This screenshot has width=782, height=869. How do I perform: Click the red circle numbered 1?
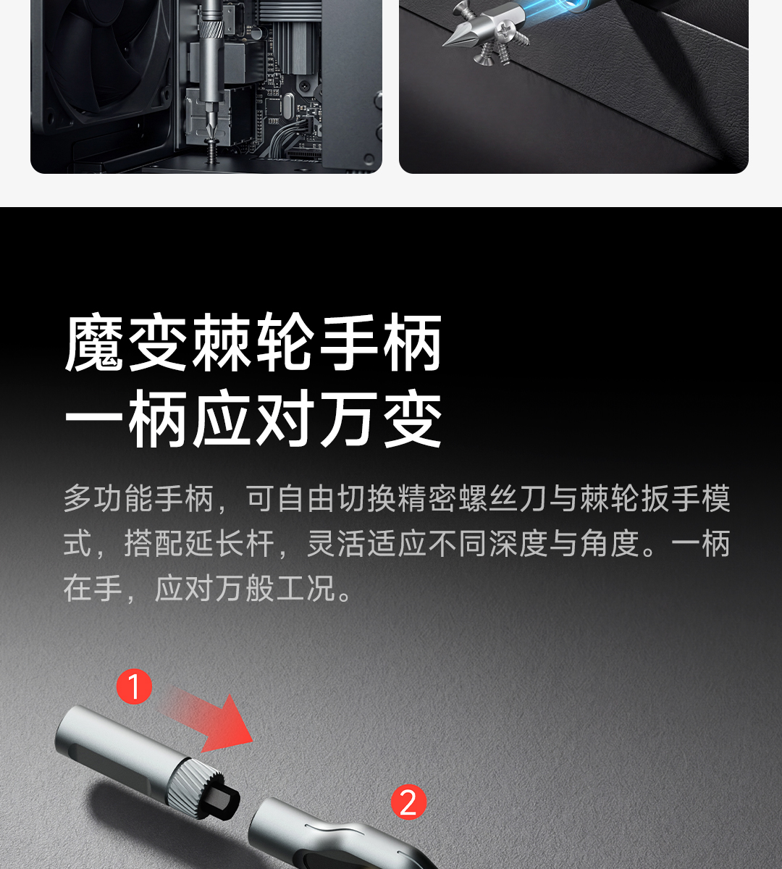click(134, 687)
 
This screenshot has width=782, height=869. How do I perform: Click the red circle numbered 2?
click(408, 802)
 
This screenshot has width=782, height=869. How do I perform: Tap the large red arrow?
click(212, 722)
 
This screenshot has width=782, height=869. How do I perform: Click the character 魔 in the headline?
click(94, 343)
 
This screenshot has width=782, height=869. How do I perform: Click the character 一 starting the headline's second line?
click(94, 419)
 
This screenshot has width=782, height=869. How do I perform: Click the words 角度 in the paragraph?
click(610, 544)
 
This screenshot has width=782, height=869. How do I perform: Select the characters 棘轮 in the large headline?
click(253, 343)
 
